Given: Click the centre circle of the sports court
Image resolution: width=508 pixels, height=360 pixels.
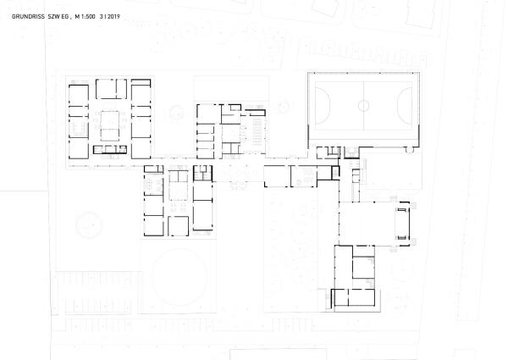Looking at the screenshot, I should [x=363, y=106].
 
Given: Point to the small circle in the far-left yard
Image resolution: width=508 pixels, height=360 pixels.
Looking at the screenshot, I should [x=87, y=225].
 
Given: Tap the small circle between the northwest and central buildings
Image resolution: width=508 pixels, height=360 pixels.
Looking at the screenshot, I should [x=175, y=110].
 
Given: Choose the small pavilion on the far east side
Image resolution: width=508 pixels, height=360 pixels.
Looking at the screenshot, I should [x=404, y=223].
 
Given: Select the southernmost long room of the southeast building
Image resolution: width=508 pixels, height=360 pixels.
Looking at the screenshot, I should [x=355, y=297].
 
